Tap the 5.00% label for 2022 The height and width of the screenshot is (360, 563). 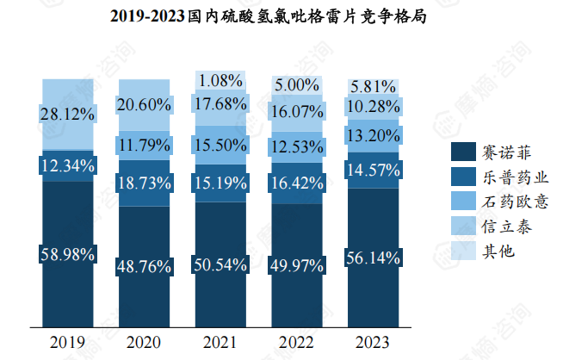(297, 85)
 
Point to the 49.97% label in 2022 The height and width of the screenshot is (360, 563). (297, 264)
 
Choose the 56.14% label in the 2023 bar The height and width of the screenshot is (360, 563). (373, 256)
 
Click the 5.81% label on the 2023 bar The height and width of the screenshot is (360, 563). (373, 86)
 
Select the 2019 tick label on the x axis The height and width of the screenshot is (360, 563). (67, 343)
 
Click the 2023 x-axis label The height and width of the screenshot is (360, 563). (373, 343)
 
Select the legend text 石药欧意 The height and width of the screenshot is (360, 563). (515, 202)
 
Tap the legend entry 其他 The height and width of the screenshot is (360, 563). (499, 251)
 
